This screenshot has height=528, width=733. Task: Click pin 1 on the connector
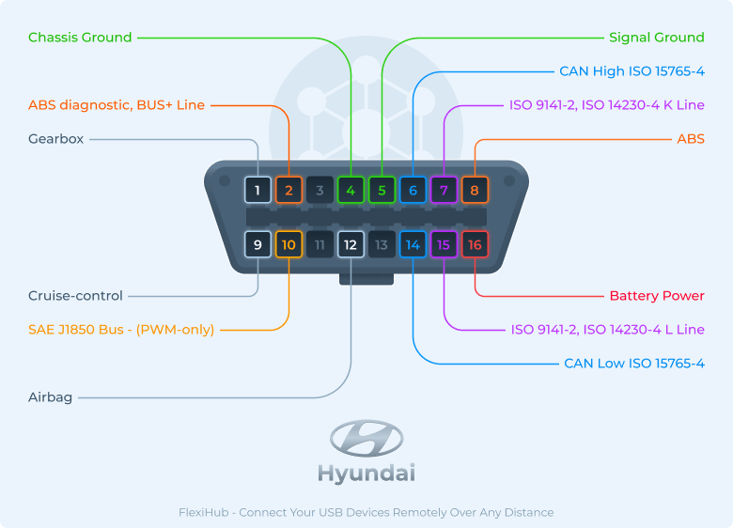tap(257, 191)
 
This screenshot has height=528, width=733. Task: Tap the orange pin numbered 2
tap(289, 191)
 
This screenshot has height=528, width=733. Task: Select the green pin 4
tap(351, 191)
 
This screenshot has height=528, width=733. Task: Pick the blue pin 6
tap(413, 191)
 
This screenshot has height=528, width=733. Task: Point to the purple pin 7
tap(444, 191)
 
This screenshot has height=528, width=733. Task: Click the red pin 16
tap(475, 245)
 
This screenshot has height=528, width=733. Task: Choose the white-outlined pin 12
tap(351, 245)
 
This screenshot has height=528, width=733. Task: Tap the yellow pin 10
tap(289, 245)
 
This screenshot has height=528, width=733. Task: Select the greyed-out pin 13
tap(382, 245)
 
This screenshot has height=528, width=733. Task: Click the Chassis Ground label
tap(80, 38)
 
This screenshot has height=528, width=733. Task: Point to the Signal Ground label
tap(656, 38)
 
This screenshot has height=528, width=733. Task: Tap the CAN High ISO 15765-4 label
tap(632, 71)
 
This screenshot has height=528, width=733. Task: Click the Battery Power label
tap(657, 296)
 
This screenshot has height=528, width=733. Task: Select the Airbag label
tap(50, 397)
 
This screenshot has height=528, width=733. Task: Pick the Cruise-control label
tap(75, 296)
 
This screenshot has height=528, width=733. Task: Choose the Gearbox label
tap(55, 139)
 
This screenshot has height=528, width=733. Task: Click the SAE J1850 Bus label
tap(121, 330)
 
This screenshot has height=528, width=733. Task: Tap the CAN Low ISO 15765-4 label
tap(634, 364)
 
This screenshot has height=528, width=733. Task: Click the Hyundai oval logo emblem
tap(366, 438)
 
